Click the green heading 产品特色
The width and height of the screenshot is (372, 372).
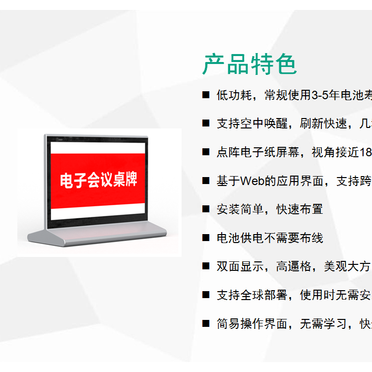249,64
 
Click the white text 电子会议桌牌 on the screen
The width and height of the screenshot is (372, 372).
99,180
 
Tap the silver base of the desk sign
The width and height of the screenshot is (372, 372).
97,235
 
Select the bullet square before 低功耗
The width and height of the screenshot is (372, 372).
206,95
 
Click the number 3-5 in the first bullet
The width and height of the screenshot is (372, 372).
320,95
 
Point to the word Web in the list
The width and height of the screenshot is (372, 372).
252,181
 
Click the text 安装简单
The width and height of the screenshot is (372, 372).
240,209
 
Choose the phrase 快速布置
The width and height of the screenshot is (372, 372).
300,209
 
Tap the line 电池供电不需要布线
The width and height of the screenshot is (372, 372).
270,238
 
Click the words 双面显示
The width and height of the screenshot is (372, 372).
240,266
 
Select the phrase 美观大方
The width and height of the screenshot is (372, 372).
347,266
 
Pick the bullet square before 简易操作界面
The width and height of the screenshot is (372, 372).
206,323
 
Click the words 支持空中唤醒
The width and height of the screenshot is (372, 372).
252,124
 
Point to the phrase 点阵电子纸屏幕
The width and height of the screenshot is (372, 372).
258,152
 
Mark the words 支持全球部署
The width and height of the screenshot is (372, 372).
252,295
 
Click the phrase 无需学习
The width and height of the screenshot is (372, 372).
323,323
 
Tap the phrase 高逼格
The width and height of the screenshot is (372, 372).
294,266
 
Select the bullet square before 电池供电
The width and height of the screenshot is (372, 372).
206,238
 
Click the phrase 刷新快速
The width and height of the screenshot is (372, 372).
323,124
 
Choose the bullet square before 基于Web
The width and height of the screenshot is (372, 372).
206,181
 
